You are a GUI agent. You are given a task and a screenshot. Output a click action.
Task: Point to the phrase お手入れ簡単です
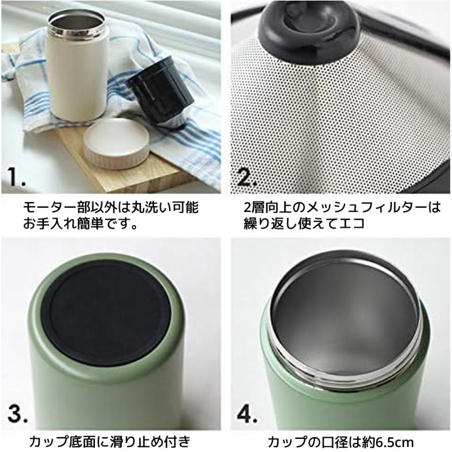[80, 223]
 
